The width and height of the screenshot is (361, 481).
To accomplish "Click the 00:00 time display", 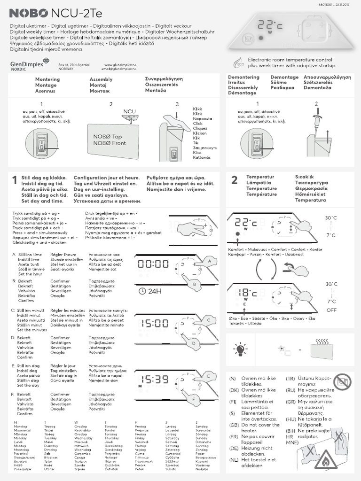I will pos(153,264).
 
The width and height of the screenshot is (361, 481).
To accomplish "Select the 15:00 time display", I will pos(153,324).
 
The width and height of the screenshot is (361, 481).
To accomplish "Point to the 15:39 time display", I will pos(153,379).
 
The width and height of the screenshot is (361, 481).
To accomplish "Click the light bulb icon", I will pos(241,349).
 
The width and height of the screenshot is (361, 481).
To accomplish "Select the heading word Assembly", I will pos(101,79).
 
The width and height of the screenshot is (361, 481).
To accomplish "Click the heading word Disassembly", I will pos(243,88).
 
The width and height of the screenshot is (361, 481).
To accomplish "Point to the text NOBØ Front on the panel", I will pos(110,143).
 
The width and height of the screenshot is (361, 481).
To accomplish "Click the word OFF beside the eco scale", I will pos(332,310).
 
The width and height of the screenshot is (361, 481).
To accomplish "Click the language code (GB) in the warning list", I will pos(233,424).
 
